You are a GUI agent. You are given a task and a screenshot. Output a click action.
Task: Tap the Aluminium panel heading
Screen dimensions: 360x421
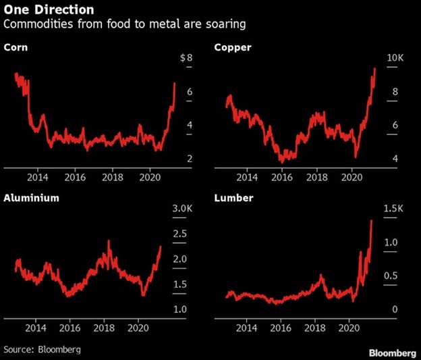(30, 199)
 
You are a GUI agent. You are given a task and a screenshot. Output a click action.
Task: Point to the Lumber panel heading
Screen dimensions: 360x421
(233, 199)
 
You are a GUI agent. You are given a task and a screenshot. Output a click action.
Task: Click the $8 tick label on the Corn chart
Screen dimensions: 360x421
(186, 59)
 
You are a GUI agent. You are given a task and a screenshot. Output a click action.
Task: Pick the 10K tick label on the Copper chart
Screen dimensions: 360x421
(394, 59)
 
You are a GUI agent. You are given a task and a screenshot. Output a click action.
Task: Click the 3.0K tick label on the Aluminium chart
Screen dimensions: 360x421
(181, 209)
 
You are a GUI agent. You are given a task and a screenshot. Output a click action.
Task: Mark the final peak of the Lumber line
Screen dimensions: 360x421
(372, 221)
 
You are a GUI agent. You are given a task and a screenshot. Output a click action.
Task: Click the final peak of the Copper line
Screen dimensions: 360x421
(374, 68)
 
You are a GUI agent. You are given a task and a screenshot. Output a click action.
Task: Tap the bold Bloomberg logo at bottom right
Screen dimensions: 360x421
(392, 353)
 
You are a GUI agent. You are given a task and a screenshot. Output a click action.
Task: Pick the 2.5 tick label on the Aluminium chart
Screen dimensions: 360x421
(180, 233)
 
